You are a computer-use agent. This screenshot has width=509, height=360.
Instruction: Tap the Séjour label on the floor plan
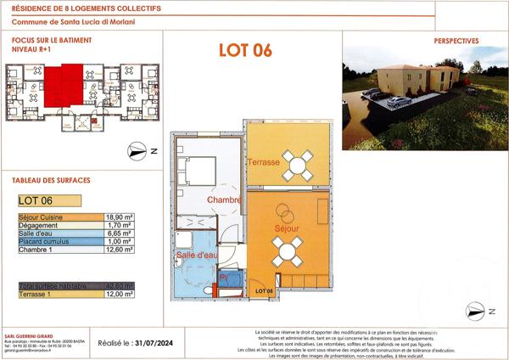[287, 229]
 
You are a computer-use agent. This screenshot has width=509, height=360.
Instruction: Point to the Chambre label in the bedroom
[225, 200]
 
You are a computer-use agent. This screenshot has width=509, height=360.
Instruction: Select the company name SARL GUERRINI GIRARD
[39, 334]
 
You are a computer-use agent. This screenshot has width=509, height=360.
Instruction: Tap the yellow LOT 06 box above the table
[49, 201]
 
